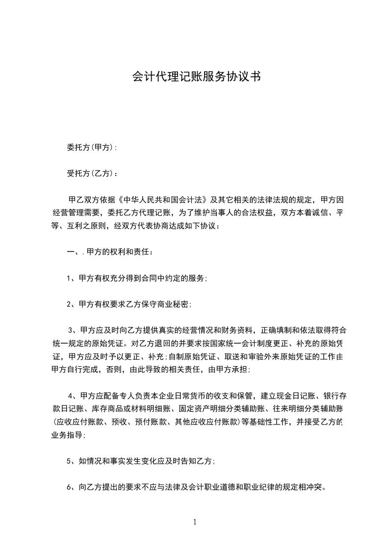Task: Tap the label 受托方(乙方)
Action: click(x=91, y=174)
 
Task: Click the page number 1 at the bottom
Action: click(x=195, y=522)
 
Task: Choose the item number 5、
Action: click(x=71, y=461)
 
